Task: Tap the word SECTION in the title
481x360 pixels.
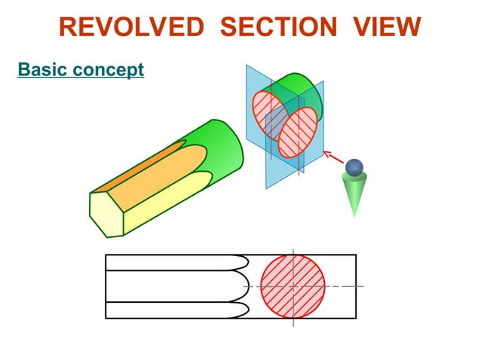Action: [278, 27]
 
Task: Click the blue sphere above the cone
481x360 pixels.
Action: [354, 167]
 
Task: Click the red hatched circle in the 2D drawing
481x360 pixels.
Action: [293, 286]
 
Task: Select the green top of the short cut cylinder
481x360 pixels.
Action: [294, 87]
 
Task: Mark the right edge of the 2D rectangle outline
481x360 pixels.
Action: [356, 286]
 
